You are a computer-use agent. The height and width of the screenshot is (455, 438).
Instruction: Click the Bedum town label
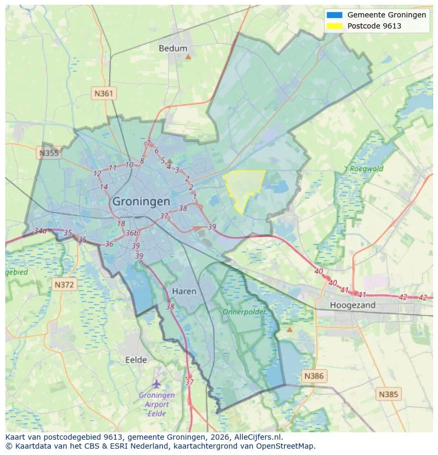(x=173, y=48)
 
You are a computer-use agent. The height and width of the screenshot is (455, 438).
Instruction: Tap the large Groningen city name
(x=141, y=201)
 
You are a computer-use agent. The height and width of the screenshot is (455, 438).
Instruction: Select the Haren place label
(x=184, y=291)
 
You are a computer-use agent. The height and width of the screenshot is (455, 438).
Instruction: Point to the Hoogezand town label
(x=352, y=305)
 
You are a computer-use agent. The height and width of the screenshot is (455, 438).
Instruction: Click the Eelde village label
(x=136, y=360)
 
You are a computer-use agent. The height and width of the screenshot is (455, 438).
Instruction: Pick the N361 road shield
(x=104, y=94)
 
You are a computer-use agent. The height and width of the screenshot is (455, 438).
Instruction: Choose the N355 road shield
(x=49, y=153)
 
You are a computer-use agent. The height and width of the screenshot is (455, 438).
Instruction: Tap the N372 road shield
(x=65, y=285)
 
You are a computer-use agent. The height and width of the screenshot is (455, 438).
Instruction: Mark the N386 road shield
(x=314, y=376)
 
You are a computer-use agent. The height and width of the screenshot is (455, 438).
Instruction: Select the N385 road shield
(x=389, y=394)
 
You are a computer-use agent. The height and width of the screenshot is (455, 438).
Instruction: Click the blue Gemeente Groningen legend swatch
(x=335, y=15)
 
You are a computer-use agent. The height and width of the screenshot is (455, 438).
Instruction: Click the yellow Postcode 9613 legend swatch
(x=335, y=26)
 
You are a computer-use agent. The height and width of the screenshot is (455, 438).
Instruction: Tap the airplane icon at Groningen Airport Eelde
(x=156, y=383)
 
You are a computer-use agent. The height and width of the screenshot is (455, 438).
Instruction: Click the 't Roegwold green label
(x=363, y=169)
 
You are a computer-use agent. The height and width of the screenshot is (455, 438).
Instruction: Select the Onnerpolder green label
(x=244, y=312)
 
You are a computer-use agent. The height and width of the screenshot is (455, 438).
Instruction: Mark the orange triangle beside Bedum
(x=188, y=56)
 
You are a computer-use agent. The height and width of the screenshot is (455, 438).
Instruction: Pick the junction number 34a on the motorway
(x=40, y=231)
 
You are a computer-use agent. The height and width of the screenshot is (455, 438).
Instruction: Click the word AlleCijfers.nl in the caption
(x=256, y=437)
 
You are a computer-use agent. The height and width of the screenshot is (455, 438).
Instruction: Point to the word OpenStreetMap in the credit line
(x=288, y=446)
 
